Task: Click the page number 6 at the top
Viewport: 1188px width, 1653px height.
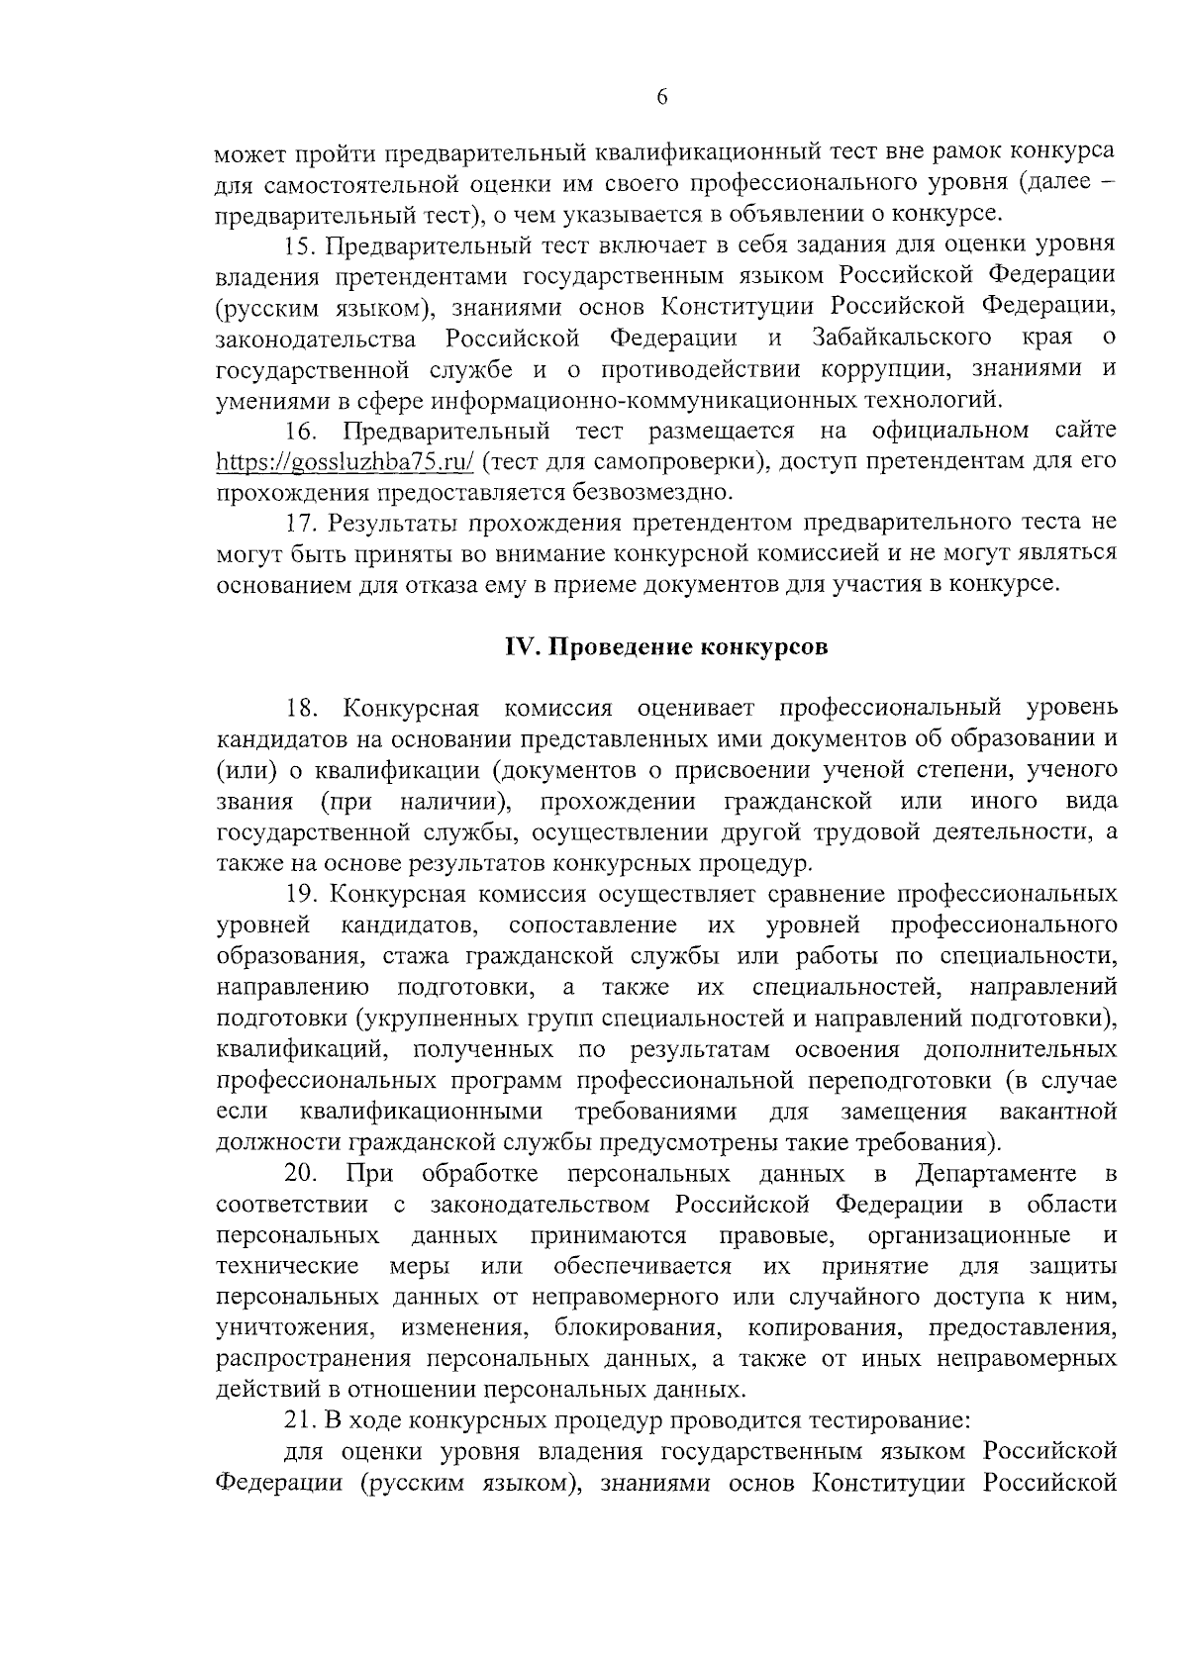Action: [x=662, y=96]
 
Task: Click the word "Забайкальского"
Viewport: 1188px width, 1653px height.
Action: [x=902, y=338]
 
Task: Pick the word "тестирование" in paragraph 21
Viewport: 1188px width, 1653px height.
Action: [x=884, y=1420]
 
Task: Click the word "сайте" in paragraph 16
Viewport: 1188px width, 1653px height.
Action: [x=1086, y=431]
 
